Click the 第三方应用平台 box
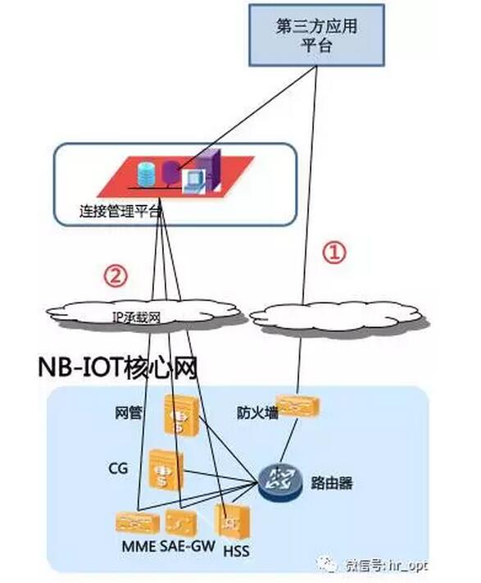(316, 35)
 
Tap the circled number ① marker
(334, 253)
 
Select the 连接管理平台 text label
(120, 212)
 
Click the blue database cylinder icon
(146, 174)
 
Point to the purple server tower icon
(208, 169)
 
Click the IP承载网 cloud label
(136, 318)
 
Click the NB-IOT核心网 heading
(118, 367)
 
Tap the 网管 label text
(129, 412)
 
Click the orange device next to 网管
(182, 414)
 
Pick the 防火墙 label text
(257, 412)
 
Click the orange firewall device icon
(299, 406)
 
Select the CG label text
(118, 468)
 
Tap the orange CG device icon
(166, 469)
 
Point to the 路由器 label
(331, 483)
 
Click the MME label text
(139, 546)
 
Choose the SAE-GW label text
(188, 546)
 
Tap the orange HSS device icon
(233, 522)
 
